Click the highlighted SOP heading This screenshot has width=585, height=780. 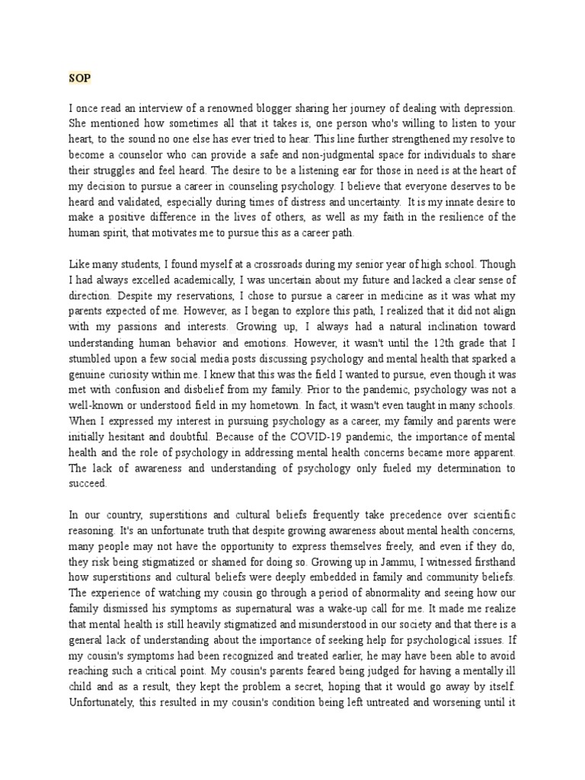pos(78,79)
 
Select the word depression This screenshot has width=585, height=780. pos(489,109)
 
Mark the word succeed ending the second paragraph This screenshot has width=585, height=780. pos(88,482)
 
